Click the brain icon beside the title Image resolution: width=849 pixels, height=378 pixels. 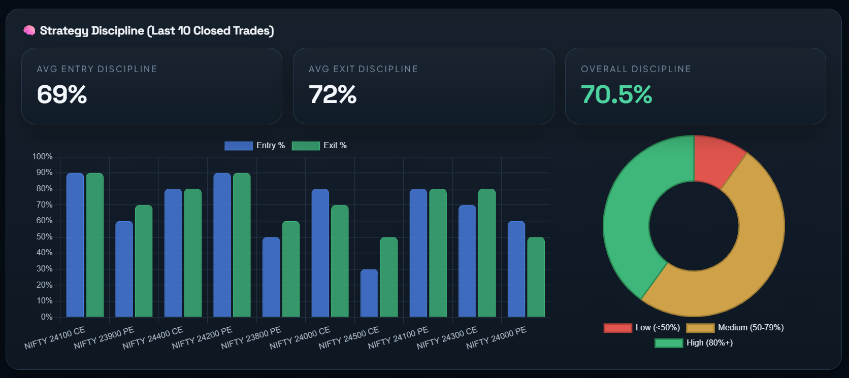click(29, 31)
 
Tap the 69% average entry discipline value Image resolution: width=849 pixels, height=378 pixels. click(62, 94)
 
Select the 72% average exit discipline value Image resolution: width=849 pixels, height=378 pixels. click(333, 94)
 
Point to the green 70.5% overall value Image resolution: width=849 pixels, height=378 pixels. click(616, 94)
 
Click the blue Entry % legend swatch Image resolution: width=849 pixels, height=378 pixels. click(239, 146)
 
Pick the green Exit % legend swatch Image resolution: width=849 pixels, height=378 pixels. click(306, 146)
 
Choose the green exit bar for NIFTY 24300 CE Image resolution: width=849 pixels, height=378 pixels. click(486, 253)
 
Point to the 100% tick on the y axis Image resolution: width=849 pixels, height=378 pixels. click(42, 157)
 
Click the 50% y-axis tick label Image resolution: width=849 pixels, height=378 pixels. click(44, 237)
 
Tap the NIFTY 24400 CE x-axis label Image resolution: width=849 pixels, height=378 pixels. click(153, 338)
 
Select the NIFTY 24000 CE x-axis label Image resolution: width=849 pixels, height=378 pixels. click(300, 338)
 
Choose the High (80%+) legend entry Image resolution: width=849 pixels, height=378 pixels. click(694, 343)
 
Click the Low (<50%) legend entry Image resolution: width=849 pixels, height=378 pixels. click(642, 328)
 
